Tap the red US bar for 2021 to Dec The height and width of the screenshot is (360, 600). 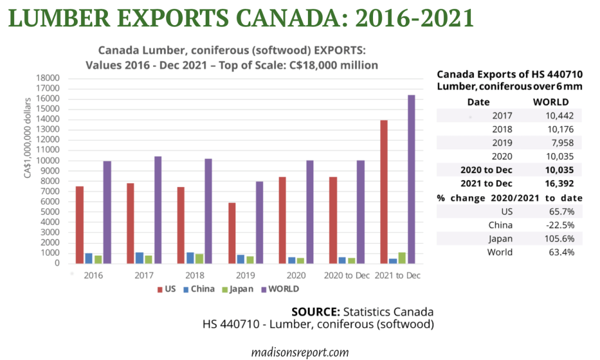click(x=384, y=191)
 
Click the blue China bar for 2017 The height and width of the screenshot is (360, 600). click(x=140, y=257)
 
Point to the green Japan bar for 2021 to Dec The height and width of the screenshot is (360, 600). click(x=402, y=257)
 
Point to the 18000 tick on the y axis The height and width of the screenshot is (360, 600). click(x=49, y=79)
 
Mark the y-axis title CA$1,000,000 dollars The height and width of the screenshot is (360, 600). click(x=27, y=170)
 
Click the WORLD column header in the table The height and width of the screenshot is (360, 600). click(x=550, y=102)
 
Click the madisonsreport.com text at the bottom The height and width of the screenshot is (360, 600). click(x=300, y=352)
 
